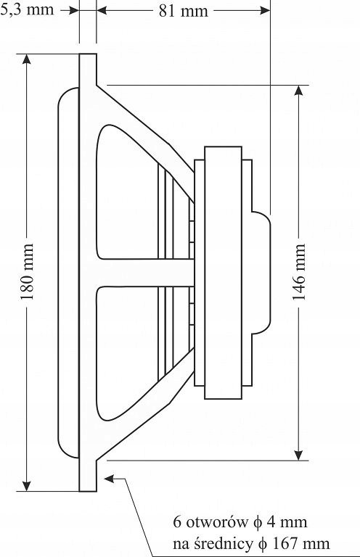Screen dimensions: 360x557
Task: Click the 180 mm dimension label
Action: pos(27,272)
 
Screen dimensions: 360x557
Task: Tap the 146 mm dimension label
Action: pos(299,272)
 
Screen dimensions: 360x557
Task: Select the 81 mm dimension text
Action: pos(183,12)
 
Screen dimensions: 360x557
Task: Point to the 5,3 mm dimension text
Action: pos(27,9)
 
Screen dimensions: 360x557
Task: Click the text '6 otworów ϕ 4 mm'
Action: pos(240,522)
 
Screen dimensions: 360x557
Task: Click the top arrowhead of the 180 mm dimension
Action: pos(26,59)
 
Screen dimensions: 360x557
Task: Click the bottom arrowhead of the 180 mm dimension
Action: pos(26,487)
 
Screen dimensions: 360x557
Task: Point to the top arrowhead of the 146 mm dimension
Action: pos(299,90)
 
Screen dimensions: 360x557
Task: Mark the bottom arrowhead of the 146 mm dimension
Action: pos(299,455)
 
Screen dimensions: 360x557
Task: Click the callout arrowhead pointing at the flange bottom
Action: pos(109,479)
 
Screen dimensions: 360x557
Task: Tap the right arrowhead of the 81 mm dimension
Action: pos(265,11)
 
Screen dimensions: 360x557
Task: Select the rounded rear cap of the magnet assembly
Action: pos(261,273)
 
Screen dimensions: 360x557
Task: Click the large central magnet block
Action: pos(223,273)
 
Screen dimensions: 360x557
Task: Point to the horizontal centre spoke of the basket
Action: pos(145,273)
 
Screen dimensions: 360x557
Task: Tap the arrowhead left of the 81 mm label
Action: pos(102,11)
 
